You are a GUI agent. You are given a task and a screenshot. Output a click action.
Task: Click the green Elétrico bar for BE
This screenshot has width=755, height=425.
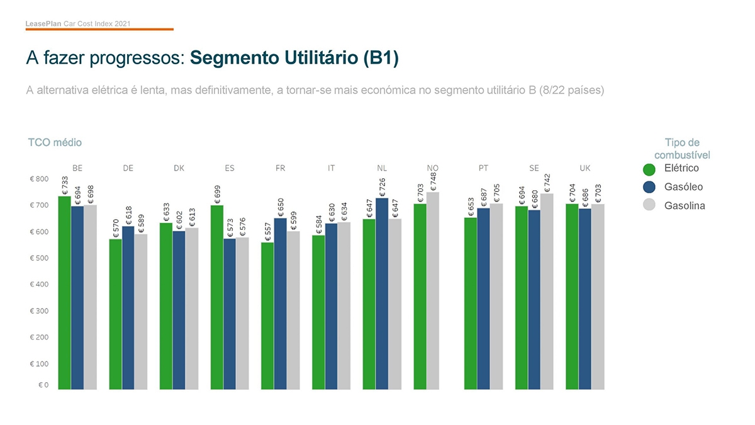[x=64, y=293]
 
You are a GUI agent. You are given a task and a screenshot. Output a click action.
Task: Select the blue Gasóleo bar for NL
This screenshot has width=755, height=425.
[x=382, y=293]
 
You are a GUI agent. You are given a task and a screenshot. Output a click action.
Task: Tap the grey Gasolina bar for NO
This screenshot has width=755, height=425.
[x=433, y=290]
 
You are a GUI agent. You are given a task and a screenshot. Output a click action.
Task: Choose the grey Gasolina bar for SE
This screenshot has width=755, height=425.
[x=547, y=291]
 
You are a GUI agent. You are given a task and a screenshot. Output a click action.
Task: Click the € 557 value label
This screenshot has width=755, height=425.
[x=268, y=232]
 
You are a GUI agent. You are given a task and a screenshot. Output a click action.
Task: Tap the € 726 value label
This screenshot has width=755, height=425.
[x=383, y=186]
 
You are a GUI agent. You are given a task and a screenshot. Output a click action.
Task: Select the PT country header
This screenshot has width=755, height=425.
[x=483, y=168]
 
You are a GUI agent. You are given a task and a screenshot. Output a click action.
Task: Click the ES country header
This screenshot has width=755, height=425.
[x=230, y=168]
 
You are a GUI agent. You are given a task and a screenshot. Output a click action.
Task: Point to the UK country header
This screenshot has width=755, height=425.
[x=585, y=168]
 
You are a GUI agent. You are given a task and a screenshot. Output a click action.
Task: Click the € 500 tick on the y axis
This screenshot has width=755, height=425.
[x=39, y=258]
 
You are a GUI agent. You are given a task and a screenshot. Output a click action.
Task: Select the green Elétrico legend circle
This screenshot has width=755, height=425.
[x=649, y=169]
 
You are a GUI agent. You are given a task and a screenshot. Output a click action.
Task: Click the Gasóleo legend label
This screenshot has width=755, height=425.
[x=683, y=187]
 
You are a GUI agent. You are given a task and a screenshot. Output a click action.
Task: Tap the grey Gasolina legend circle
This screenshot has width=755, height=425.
[x=649, y=205]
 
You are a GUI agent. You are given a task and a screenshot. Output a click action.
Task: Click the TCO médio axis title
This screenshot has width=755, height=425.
[x=55, y=143]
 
